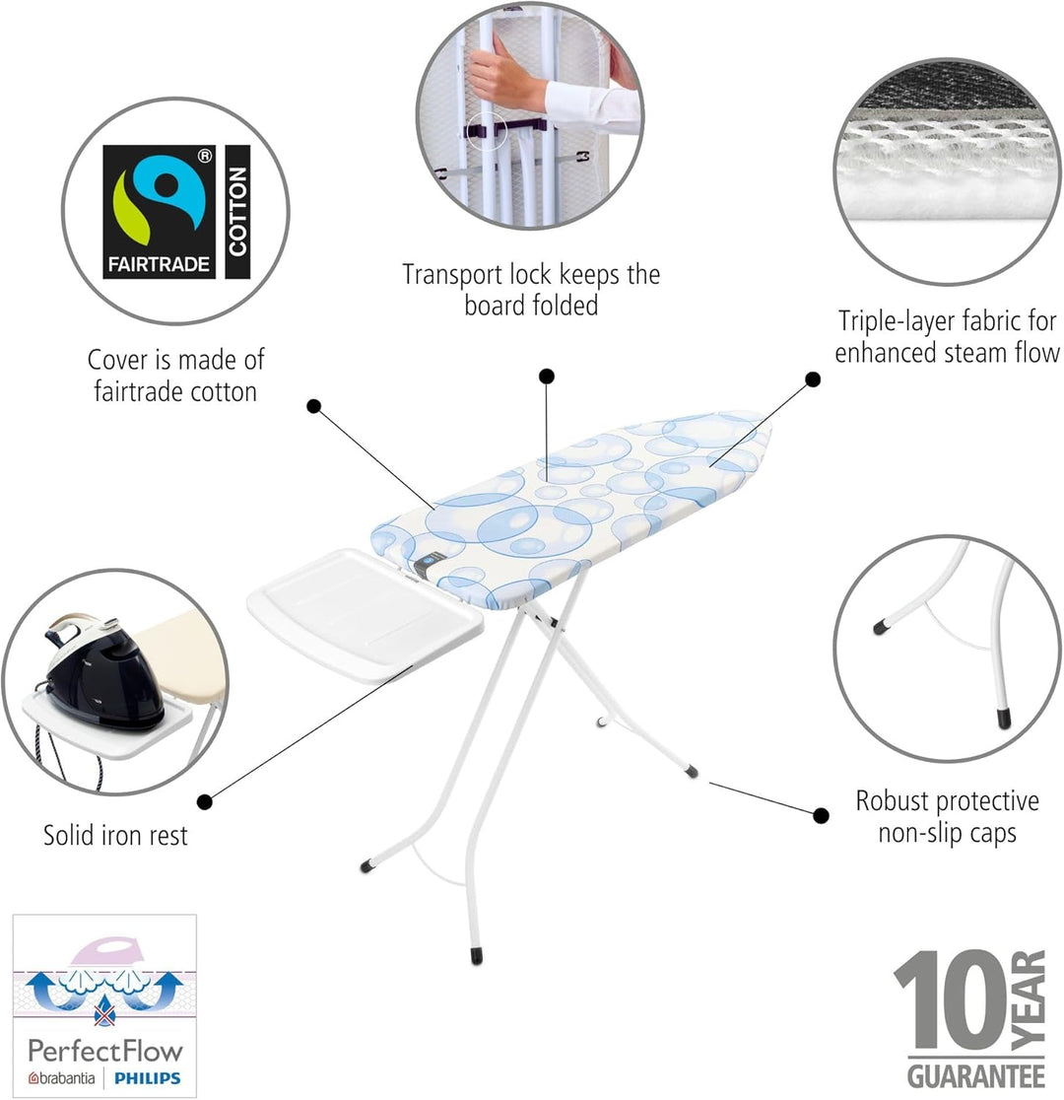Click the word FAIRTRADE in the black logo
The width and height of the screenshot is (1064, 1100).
click(x=159, y=264)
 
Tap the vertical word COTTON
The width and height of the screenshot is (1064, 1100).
click(x=237, y=211)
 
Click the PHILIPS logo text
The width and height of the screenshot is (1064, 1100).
click(x=148, y=1077)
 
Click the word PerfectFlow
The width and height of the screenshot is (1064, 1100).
click(x=105, y=1051)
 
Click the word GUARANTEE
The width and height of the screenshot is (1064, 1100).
click(x=975, y=1076)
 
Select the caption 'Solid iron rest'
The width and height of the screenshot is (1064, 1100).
click(x=115, y=836)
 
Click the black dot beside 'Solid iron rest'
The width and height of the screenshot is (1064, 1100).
click(x=205, y=802)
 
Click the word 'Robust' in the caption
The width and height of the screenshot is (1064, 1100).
click(x=893, y=801)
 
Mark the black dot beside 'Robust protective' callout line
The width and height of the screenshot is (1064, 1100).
click(x=821, y=815)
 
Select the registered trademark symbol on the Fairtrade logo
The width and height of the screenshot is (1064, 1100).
click(x=204, y=156)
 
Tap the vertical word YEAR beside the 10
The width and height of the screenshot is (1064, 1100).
click(x=1029, y=1000)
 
